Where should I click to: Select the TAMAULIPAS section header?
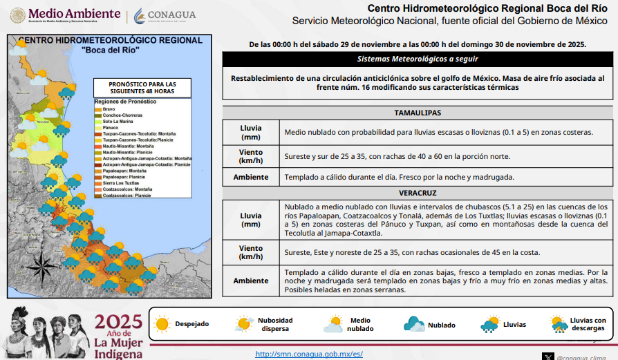(x=418, y=113)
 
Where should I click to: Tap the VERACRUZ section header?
(x=418, y=193)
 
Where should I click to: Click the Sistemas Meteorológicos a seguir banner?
(x=418, y=59)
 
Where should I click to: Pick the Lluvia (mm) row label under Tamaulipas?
(x=250, y=132)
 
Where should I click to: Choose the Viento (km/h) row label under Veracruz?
(x=250, y=252)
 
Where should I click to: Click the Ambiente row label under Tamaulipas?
(x=250, y=177)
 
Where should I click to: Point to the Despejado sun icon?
(x=162, y=323)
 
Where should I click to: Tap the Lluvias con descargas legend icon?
(x=558, y=323)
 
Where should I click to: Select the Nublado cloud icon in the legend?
(x=414, y=323)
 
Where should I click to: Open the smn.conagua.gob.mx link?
(x=309, y=354)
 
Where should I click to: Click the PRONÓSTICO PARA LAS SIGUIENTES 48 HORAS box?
(x=142, y=88)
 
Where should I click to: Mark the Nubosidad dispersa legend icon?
(x=243, y=323)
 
